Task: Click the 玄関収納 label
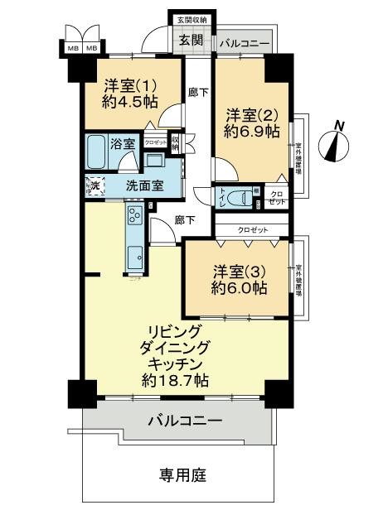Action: pyautogui.click(x=191, y=19)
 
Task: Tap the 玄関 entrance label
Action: pyautogui.click(x=192, y=41)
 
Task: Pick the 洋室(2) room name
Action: pyautogui.click(x=251, y=113)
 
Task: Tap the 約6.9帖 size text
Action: pyautogui.click(x=251, y=132)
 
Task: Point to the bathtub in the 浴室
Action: pyautogui.click(x=100, y=152)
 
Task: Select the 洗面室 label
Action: pyautogui.click(x=143, y=186)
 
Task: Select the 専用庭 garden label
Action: pyautogui.click(x=182, y=476)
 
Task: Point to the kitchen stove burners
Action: pyautogui.click(x=134, y=217)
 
